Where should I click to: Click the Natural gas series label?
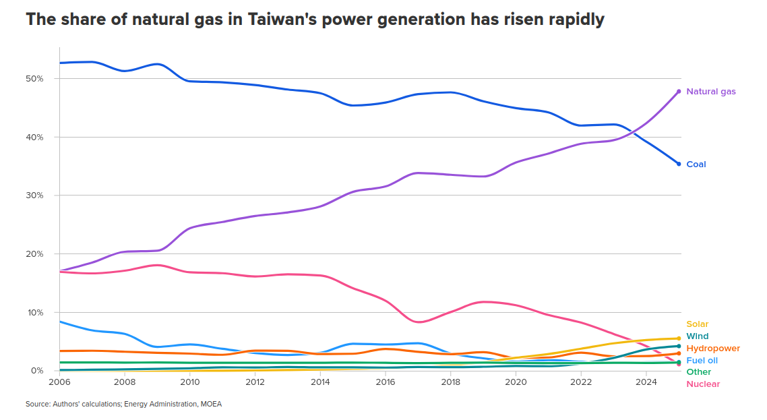(x=710, y=92)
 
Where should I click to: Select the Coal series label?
(x=696, y=164)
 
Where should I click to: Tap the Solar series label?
(x=697, y=324)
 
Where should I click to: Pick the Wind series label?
(x=697, y=336)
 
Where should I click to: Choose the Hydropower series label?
(x=712, y=349)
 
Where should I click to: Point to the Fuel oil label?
(x=702, y=361)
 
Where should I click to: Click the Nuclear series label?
(x=702, y=384)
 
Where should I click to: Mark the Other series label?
(x=698, y=372)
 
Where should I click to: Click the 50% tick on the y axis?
(x=34, y=79)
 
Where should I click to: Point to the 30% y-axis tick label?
(x=34, y=196)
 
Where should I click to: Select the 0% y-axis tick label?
(x=36, y=371)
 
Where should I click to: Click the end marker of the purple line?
(x=679, y=92)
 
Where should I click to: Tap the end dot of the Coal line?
(x=679, y=164)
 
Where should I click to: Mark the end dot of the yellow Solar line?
(x=679, y=338)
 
